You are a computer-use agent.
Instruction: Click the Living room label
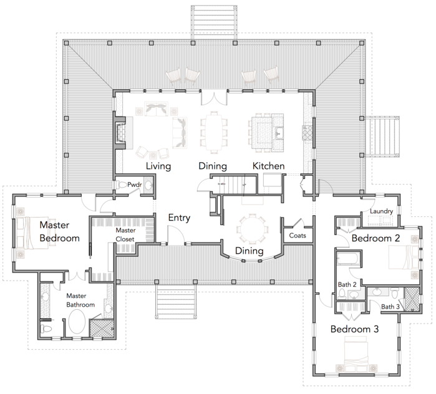click(158, 166)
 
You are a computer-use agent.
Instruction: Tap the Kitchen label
click(269, 166)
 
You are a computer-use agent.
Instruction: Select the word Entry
click(179, 218)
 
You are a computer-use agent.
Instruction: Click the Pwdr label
click(135, 185)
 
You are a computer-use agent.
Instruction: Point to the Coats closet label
click(298, 236)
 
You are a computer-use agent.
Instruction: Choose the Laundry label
click(381, 211)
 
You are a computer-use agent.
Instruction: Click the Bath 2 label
click(347, 284)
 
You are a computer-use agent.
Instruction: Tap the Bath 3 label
click(390, 307)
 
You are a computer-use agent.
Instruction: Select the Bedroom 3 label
click(354, 329)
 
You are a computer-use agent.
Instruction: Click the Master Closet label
click(125, 235)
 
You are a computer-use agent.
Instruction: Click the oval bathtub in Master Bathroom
click(77, 322)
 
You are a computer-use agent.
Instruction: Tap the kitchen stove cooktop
click(308, 133)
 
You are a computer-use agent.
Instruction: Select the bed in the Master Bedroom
click(32, 233)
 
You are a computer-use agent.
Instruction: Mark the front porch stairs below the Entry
click(176, 302)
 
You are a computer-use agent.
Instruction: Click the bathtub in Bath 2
click(349, 258)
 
